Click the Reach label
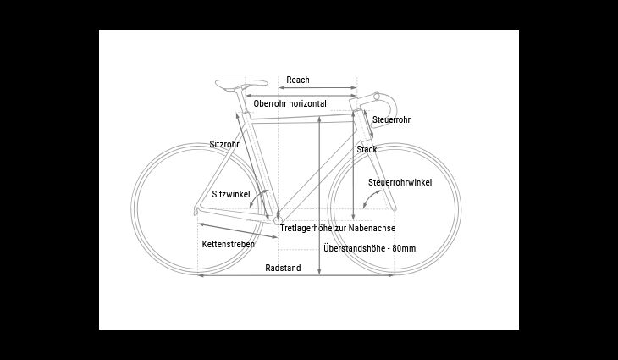297,80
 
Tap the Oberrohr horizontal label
290,103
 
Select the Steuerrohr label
391,119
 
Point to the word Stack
367,149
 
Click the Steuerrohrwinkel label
400,183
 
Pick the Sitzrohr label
224,144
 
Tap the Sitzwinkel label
231,194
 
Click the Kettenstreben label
229,244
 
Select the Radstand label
283,269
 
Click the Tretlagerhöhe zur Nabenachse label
338,229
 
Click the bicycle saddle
241,83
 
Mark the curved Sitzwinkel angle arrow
258,197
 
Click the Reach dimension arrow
317,88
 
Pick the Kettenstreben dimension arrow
238,230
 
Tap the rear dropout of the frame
196,211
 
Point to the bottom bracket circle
279,220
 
